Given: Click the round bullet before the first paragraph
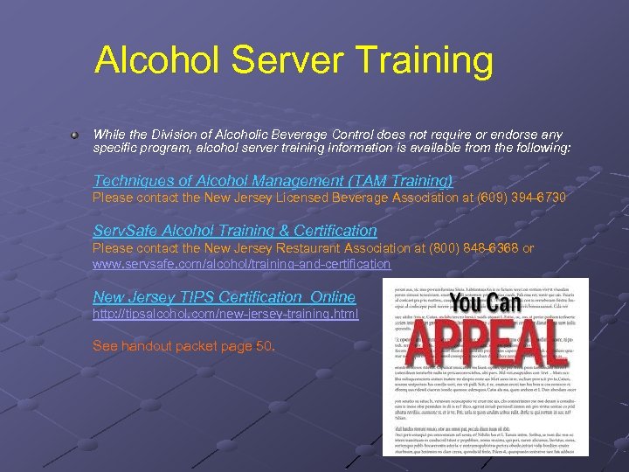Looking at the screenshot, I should point(78,135).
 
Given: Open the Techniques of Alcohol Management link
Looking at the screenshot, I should point(273,181).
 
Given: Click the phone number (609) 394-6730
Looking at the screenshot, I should point(522,198).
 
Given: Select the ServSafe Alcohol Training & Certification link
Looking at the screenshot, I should point(234,231).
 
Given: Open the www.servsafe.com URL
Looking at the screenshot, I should point(241,263).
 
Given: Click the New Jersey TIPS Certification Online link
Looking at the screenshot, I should point(224,297).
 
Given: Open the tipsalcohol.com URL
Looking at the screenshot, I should point(225,313).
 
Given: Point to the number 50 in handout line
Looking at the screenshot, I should point(265,345).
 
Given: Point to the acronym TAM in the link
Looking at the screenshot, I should point(365,181).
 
